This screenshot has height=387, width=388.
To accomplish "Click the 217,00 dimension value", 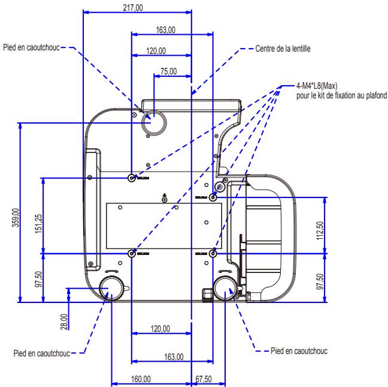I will [x=137, y=6].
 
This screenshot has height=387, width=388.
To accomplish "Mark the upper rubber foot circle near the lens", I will [x=153, y=122].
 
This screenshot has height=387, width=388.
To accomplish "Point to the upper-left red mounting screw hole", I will [x=132, y=178].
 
